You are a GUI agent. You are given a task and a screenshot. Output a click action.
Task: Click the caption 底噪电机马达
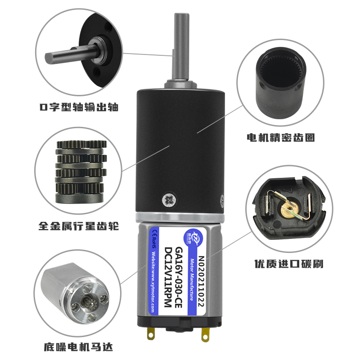coord(78,347)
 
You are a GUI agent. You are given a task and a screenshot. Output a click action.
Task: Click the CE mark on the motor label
coord(154,233)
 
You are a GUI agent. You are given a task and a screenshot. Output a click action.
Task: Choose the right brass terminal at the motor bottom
coord(206,334)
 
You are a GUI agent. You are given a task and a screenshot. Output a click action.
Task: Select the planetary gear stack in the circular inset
coord(80,171)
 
